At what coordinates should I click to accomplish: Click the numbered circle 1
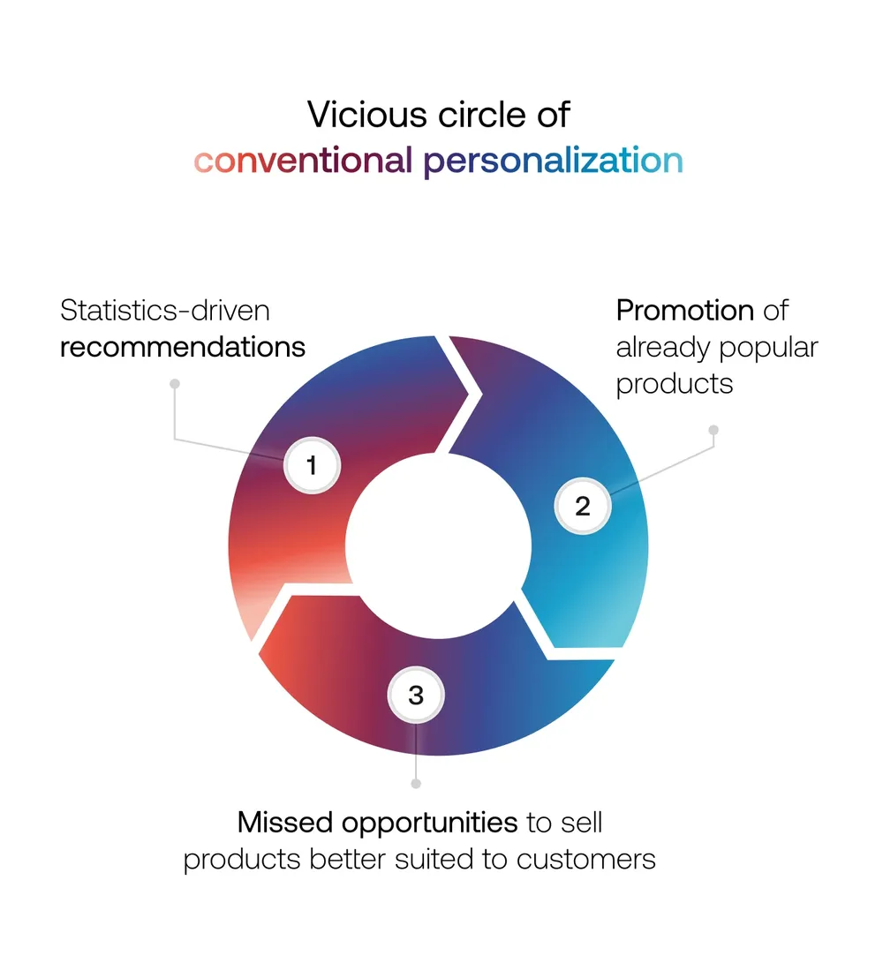[313, 465]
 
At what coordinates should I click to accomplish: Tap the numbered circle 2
[583, 506]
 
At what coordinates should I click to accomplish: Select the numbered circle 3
[416, 695]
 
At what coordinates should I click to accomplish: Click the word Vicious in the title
[366, 115]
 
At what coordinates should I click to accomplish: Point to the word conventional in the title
[302, 161]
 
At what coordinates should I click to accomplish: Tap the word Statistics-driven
[164, 311]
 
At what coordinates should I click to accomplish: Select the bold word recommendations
[183, 347]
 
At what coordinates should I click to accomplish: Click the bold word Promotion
[685, 310]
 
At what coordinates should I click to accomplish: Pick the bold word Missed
[285, 823]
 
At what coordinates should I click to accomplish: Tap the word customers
[585, 860]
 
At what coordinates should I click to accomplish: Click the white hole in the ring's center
[438, 545]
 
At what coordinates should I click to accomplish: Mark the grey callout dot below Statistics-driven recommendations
[175, 384]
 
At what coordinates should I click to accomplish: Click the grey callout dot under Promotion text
[713, 430]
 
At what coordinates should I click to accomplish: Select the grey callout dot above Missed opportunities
[416, 784]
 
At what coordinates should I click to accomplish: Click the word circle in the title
[482, 115]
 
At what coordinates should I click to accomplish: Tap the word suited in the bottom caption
[434, 859]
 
